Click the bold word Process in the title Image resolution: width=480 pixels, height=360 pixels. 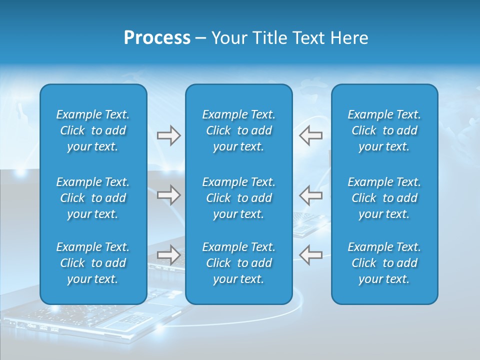click(x=157, y=38)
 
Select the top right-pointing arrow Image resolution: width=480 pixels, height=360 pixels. click(x=168, y=135)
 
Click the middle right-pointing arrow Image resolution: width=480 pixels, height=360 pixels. click(x=168, y=195)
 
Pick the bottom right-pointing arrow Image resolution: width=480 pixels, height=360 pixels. click(x=168, y=255)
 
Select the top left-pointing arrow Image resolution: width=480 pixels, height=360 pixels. click(x=311, y=135)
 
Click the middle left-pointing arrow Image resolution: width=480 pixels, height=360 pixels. click(x=311, y=195)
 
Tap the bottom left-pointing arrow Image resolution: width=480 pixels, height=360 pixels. click(x=311, y=255)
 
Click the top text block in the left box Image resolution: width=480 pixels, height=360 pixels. click(x=93, y=130)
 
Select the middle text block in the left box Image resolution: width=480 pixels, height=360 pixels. click(x=93, y=198)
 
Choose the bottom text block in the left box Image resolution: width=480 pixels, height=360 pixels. click(x=93, y=263)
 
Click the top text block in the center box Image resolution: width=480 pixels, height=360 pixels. click(x=238, y=130)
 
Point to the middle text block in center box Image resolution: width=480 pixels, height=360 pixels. click(x=238, y=198)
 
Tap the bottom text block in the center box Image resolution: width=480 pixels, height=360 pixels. click(x=238, y=263)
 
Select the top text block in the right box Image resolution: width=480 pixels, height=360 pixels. click(x=384, y=130)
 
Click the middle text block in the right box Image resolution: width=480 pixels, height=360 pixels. click(x=384, y=198)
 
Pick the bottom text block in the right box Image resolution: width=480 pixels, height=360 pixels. click(x=384, y=263)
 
